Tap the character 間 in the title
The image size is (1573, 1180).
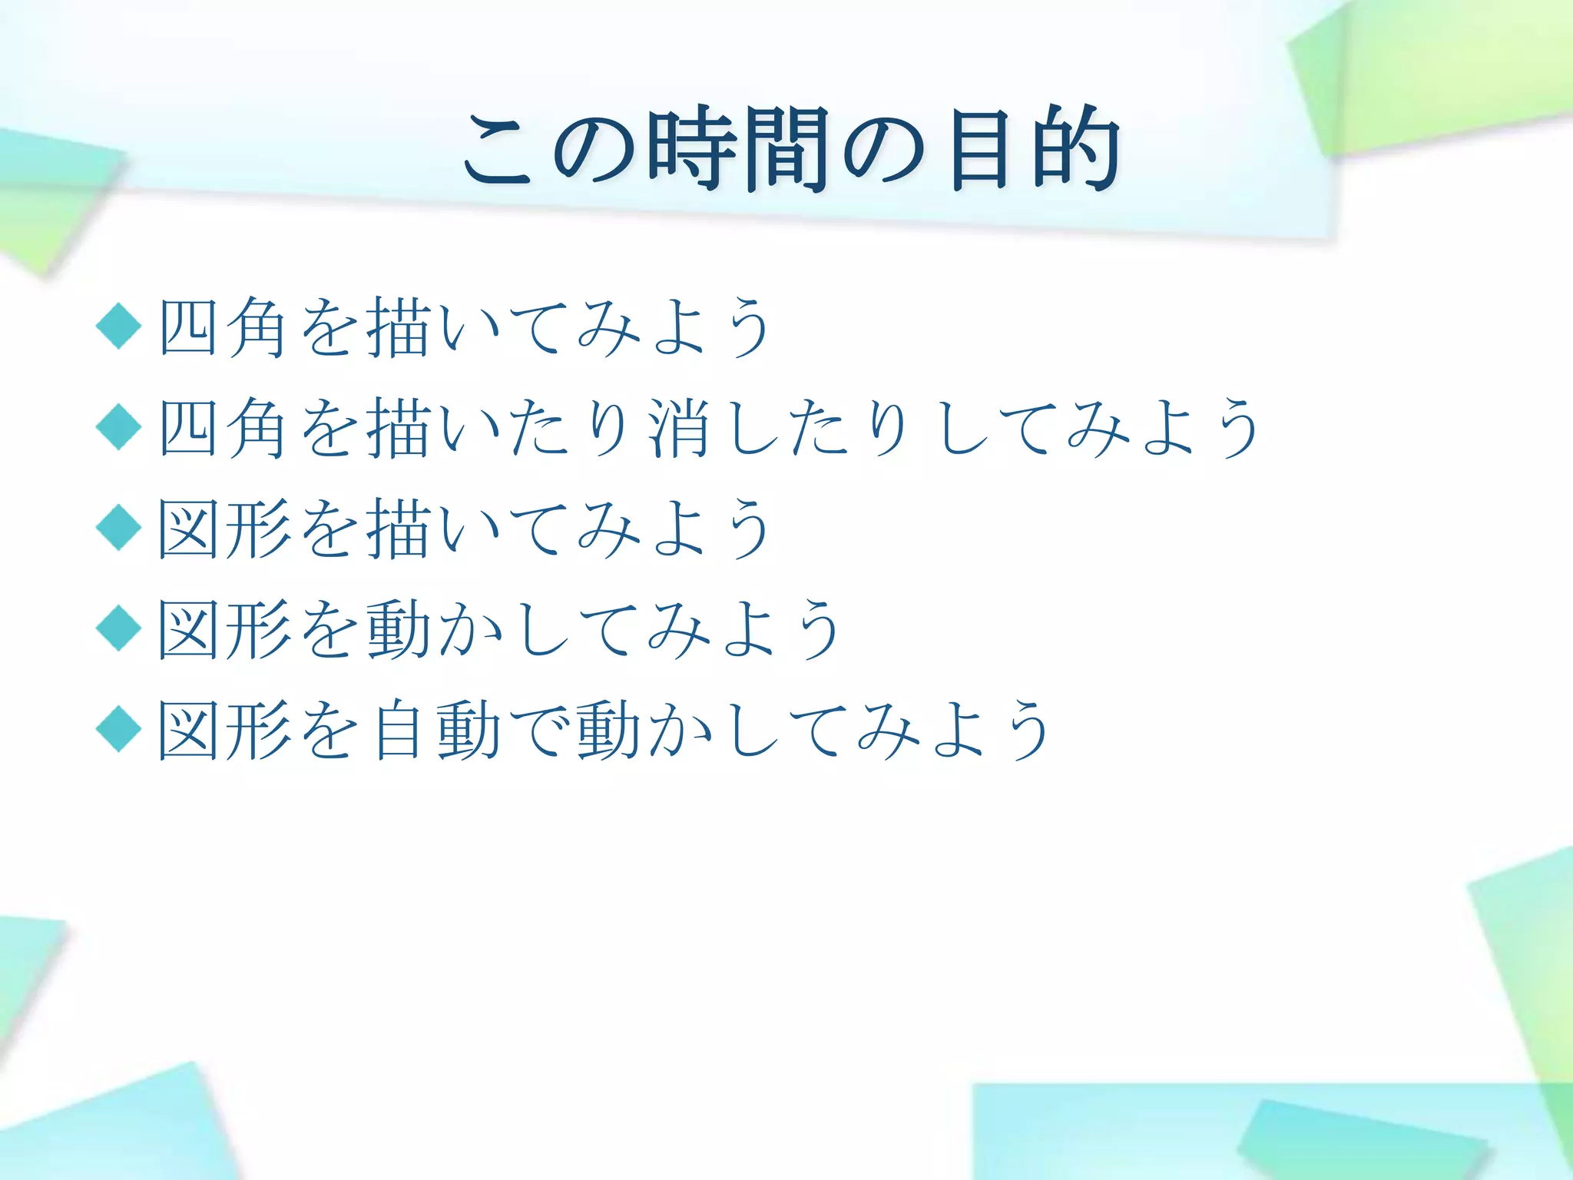click(x=786, y=149)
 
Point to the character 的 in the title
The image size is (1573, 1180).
click(x=1075, y=149)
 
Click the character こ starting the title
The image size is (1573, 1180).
click(x=498, y=151)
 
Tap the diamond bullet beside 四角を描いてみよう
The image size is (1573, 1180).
click(x=119, y=326)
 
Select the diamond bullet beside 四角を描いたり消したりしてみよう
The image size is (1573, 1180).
click(x=119, y=426)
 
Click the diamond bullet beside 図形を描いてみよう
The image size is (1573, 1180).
click(x=119, y=528)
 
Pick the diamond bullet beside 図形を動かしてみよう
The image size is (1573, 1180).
click(x=119, y=628)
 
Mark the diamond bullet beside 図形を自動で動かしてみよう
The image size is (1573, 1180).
click(x=119, y=729)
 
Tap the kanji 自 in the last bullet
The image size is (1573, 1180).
click(x=399, y=730)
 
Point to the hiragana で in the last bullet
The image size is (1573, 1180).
click(x=538, y=730)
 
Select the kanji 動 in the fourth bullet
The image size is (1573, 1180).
click(x=399, y=629)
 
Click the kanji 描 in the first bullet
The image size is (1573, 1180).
click(x=399, y=327)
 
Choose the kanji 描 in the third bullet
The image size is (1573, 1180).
click(x=399, y=529)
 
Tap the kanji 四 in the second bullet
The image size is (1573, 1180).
click(x=188, y=428)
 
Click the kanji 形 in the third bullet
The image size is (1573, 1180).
click(x=258, y=529)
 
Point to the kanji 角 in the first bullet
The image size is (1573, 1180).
click(x=258, y=327)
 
